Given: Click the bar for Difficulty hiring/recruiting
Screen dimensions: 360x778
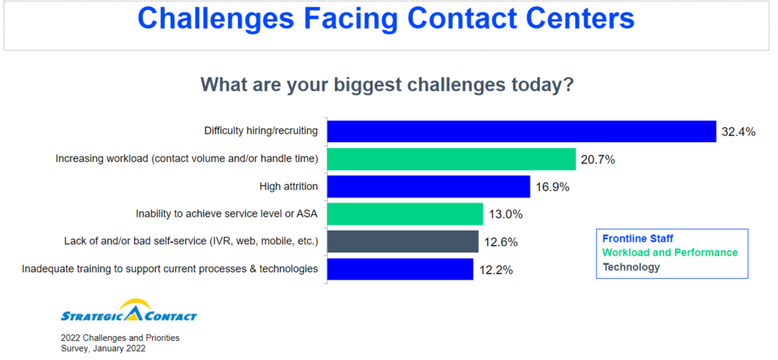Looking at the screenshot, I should click(x=522, y=131).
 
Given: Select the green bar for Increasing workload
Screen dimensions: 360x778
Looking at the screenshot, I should click(x=452, y=159).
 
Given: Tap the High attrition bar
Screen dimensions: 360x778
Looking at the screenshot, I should click(x=429, y=187).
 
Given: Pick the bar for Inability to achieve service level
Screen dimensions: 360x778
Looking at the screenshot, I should click(x=405, y=214).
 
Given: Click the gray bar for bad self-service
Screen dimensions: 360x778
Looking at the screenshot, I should click(x=403, y=241).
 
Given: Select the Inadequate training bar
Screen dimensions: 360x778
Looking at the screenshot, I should click(x=400, y=269).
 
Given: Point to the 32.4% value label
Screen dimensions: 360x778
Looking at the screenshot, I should click(x=738, y=132).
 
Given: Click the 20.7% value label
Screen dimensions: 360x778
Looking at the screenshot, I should click(x=597, y=160).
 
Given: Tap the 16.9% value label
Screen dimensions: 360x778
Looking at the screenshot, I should click(x=552, y=187).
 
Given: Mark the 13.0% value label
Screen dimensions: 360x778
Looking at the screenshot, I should click(x=505, y=214).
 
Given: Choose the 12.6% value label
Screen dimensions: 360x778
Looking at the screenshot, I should click(x=500, y=242).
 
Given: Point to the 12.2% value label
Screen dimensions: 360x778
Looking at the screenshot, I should click(x=495, y=270).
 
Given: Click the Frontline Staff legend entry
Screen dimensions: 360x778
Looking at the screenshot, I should click(x=638, y=239).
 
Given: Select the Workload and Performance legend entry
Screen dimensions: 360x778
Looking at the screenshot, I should click(x=670, y=253).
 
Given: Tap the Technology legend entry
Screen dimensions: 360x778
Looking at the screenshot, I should click(x=630, y=267).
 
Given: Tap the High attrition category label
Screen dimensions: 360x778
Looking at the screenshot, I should click(x=288, y=187).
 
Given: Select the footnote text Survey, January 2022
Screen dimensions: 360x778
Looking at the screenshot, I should click(x=104, y=349).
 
